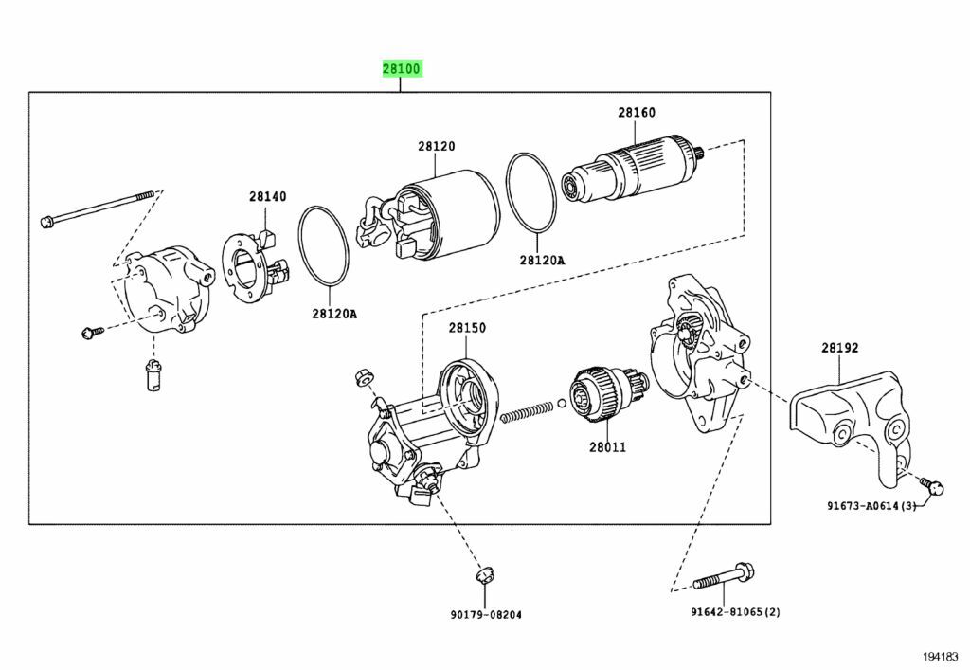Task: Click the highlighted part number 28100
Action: point(401,69)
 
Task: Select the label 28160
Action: point(637,113)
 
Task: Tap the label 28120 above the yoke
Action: point(437,147)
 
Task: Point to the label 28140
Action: point(267,197)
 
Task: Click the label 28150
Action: point(467,328)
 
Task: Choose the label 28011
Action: point(606,447)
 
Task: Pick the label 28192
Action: point(839,348)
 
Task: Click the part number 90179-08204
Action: point(485,615)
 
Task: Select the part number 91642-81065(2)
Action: point(735,611)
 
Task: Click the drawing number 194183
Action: point(941,656)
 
